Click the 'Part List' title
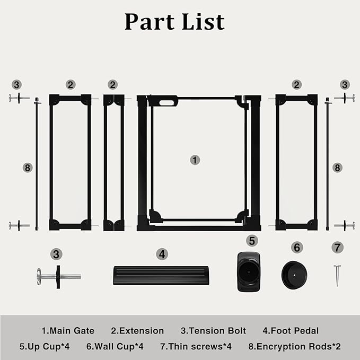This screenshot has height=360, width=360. tap(174, 22)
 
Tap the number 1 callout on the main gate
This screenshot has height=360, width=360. tap(195, 160)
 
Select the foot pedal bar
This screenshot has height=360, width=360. tap(161, 275)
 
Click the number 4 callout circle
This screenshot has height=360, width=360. tap(162, 254)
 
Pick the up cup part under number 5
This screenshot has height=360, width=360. tap(249, 272)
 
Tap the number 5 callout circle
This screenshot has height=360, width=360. tap(252, 241)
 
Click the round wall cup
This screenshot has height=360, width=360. tap(294, 275)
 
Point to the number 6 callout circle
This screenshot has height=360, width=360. tap(297, 248)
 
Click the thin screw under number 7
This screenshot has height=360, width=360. tap(337, 276)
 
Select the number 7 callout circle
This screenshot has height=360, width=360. tap(337, 248)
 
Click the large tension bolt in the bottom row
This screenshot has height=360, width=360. tap(59, 277)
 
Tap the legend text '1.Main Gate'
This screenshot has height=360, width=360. tap(68, 331)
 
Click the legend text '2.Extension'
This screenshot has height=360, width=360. tap(137, 331)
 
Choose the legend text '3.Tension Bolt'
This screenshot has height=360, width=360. tap(213, 331)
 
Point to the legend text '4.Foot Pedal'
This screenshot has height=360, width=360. tap(291, 331)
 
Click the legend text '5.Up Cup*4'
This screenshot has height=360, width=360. tap(45, 346)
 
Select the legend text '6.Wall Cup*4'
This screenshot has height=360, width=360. tap(115, 346)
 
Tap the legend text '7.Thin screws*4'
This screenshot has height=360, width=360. tap(196, 346)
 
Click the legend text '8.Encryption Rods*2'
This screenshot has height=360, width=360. tap(295, 346)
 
